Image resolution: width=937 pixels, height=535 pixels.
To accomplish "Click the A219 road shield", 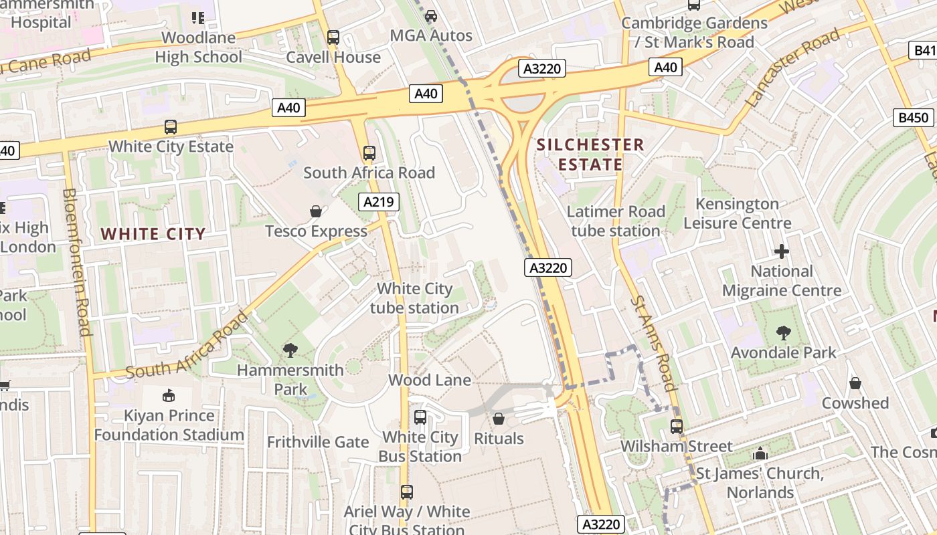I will [x=379, y=202].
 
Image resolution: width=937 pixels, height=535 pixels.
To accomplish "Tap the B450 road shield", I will [x=914, y=118].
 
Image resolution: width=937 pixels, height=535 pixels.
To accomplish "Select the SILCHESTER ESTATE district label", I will [x=590, y=154].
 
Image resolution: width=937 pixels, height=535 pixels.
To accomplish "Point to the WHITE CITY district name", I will [x=153, y=234].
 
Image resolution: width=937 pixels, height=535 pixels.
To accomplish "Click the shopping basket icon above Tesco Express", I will [x=316, y=212].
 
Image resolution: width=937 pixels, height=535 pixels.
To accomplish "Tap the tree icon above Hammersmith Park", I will [x=290, y=350].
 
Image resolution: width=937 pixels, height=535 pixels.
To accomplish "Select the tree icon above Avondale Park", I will [x=783, y=333].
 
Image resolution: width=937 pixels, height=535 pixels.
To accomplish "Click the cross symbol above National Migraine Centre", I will [x=781, y=252].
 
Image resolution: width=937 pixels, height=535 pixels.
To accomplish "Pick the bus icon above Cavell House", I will [x=333, y=37].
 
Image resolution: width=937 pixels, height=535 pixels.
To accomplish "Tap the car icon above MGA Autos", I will [x=431, y=16].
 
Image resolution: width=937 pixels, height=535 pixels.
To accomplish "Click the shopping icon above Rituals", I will [x=498, y=419].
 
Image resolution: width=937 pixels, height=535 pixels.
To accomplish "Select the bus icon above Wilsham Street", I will [x=677, y=426].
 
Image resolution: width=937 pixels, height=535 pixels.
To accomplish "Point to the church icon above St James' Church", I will [x=760, y=454].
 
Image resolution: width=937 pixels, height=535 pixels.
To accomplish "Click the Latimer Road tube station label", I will [x=616, y=221].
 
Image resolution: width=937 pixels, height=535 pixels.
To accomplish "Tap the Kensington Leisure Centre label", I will [x=737, y=213].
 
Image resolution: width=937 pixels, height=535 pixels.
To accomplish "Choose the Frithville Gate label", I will [x=318, y=442].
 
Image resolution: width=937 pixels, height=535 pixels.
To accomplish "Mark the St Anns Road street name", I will [x=652, y=342].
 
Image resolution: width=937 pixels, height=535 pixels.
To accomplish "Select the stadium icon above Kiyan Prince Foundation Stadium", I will [x=168, y=395].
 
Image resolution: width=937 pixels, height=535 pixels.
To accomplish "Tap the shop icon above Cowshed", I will [x=855, y=383].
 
